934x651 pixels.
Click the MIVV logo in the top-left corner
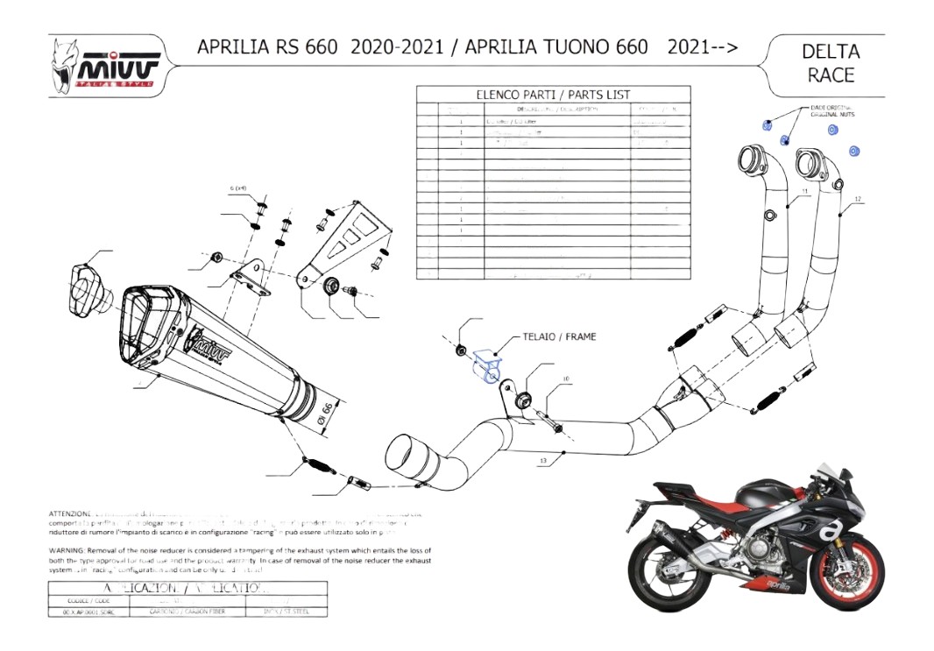[x=105, y=67]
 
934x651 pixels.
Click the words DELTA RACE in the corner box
[x=830, y=63]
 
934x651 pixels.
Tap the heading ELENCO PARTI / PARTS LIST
[x=552, y=94]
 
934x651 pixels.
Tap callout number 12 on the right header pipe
[x=858, y=200]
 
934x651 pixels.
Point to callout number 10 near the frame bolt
[x=566, y=379]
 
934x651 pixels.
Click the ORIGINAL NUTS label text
[x=831, y=115]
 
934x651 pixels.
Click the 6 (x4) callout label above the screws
[x=238, y=188]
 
